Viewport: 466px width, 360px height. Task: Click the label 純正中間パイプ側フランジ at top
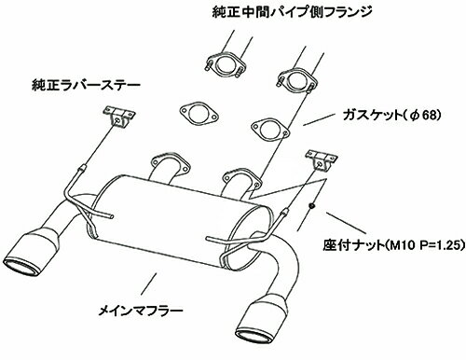[292, 13]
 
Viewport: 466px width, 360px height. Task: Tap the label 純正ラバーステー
[86, 85]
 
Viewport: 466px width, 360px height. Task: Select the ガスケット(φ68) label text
[391, 116]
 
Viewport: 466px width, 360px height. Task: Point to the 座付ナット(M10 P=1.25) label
[394, 245]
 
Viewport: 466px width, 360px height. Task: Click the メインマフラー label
[141, 311]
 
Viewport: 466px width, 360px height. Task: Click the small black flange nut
[311, 205]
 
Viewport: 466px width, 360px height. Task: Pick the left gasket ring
[199, 114]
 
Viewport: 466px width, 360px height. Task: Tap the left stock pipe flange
[226, 65]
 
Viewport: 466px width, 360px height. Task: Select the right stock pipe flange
[296, 80]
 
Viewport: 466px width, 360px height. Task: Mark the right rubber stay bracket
[322, 159]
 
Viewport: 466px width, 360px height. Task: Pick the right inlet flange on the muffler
[241, 178]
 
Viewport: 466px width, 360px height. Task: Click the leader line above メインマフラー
[148, 284]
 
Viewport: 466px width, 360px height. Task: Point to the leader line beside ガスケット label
[319, 119]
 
